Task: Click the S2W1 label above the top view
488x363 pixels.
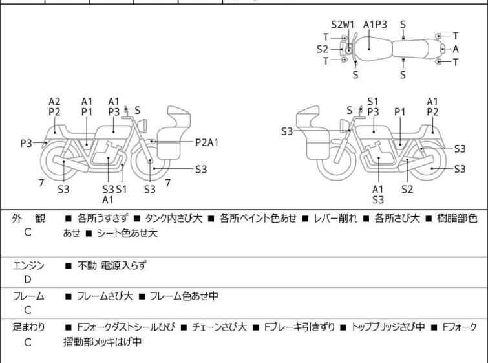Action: (x=343, y=25)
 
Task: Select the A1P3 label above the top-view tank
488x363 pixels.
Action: (x=375, y=25)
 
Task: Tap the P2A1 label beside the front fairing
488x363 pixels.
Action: (x=207, y=143)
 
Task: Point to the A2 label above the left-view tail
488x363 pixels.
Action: (x=54, y=102)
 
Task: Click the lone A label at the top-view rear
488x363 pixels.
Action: (x=456, y=49)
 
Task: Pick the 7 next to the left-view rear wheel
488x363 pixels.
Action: (x=41, y=183)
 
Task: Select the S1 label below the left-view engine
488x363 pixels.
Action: (x=122, y=189)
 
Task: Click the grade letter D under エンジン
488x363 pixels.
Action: (x=28, y=280)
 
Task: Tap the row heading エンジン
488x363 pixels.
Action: (x=28, y=266)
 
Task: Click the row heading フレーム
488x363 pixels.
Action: (x=28, y=296)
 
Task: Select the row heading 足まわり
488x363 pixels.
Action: (x=28, y=327)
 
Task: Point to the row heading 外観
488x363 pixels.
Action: (x=28, y=219)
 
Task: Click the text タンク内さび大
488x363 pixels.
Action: (x=174, y=219)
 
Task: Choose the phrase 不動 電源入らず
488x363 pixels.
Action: (x=112, y=266)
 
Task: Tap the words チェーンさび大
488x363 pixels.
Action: (x=219, y=327)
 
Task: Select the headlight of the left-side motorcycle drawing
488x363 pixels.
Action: (x=142, y=126)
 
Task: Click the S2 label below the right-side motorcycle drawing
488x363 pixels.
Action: (x=407, y=189)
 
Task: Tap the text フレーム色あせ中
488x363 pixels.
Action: (x=184, y=296)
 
